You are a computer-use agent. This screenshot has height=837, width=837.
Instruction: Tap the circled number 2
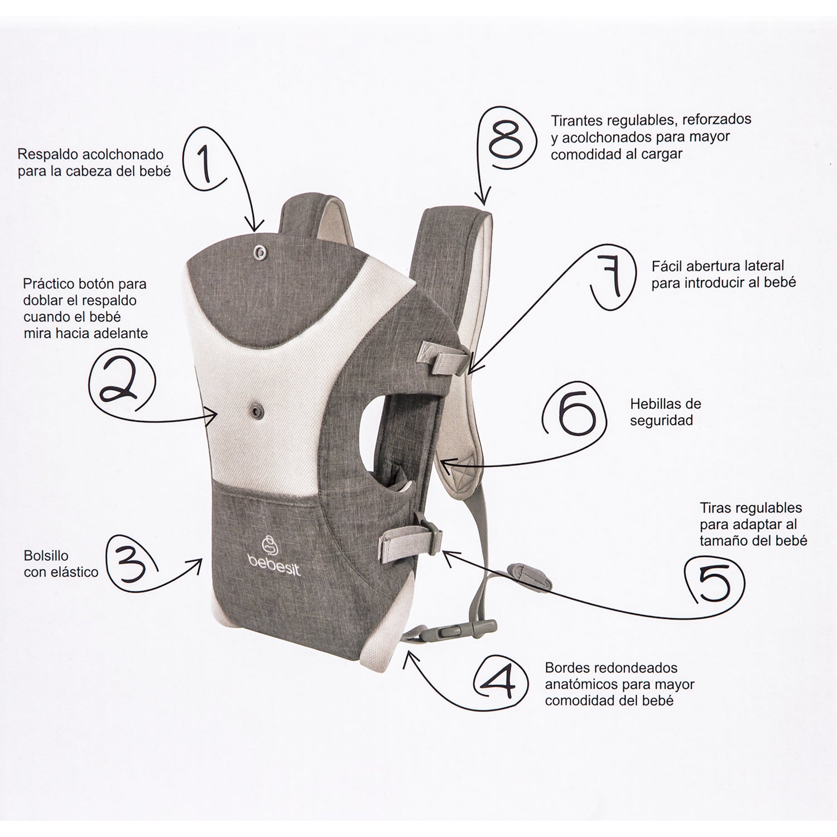[x=122, y=382]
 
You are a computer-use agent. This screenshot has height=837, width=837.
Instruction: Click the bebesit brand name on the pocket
[x=274, y=568]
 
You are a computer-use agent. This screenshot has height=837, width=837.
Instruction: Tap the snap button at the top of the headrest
[x=260, y=252]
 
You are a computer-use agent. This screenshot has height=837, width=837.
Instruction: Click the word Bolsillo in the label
[x=46, y=556]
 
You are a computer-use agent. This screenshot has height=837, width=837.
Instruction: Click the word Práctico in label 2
[x=49, y=284]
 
